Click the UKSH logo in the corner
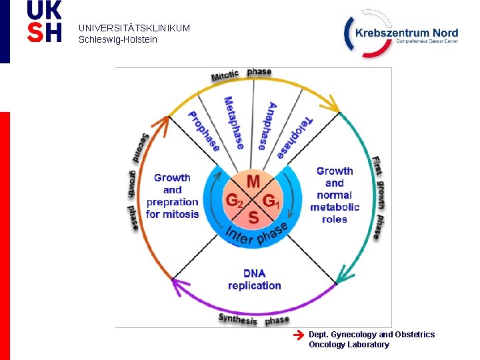[44, 21]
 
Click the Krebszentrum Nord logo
[401, 34]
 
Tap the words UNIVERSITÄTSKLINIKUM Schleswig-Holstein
[134, 34]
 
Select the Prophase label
[203, 131]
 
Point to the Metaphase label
[233, 123]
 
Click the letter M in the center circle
[253, 181]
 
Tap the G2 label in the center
[234, 200]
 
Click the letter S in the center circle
[253, 217]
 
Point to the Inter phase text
[256, 234]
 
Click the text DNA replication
[254, 279]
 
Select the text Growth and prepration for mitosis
[172, 196]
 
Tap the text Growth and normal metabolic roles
[335, 195]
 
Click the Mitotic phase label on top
[241, 74]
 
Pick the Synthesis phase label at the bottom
[254, 320]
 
